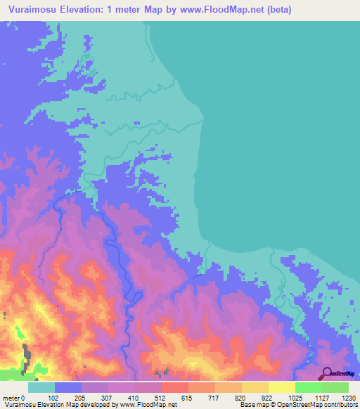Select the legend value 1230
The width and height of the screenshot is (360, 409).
point(348,397)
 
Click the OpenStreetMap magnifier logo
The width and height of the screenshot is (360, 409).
point(328,374)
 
